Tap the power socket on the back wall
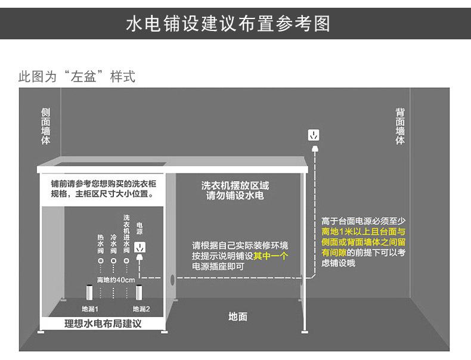[x=313, y=135]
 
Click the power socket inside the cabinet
[x=140, y=247]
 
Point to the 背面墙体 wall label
[x=400, y=126]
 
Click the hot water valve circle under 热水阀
[x=100, y=261]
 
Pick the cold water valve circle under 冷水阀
[x=113, y=261]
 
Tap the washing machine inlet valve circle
[x=126, y=261]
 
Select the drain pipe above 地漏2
[x=140, y=294]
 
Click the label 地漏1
[x=90, y=309]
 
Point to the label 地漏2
[x=141, y=309]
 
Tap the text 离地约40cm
[x=116, y=280]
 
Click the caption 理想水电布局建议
[x=103, y=324]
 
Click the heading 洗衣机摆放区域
[x=235, y=185]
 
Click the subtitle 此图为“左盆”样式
[x=77, y=77]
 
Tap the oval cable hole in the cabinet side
[x=173, y=279]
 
